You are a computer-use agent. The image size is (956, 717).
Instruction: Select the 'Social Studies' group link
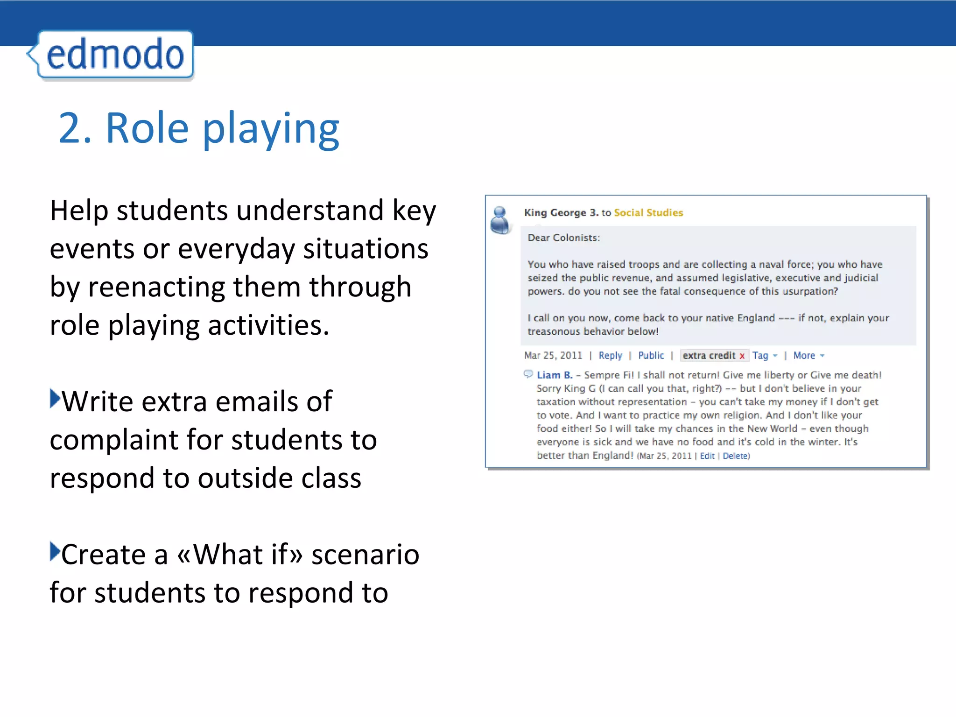tap(648, 213)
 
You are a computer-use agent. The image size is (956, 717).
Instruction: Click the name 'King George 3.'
tap(561, 213)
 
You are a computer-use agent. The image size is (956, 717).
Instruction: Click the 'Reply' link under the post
tap(610, 356)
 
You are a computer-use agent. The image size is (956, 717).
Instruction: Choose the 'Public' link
tap(651, 356)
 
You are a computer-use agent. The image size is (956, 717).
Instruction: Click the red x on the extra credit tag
tap(742, 356)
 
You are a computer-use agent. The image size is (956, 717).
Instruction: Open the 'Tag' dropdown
tap(765, 356)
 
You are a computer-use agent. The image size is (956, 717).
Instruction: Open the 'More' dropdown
tap(808, 356)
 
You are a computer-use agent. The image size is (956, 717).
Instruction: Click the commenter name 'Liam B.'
tap(555, 375)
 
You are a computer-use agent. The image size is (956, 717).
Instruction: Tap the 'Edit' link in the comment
tap(707, 456)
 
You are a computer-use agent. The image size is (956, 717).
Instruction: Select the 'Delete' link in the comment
tap(736, 456)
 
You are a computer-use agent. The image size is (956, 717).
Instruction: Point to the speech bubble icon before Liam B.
tap(528, 374)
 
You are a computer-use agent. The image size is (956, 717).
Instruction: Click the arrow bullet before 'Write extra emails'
tap(55, 399)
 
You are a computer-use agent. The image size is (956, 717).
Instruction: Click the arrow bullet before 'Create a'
tap(55, 552)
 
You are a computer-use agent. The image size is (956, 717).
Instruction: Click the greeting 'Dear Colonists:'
tap(563, 238)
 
